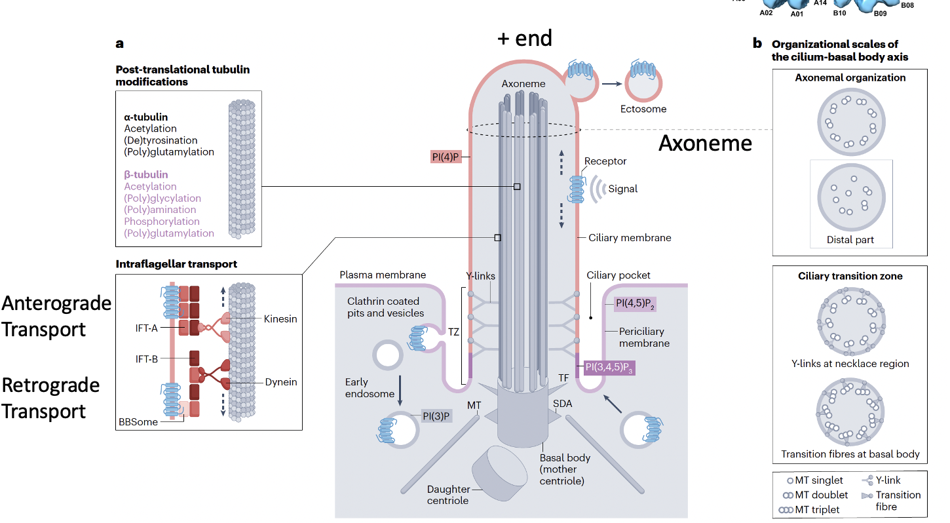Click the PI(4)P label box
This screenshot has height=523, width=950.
[x=446, y=157]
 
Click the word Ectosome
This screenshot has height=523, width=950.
[x=644, y=109]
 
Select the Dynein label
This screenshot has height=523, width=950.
[x=281, y=382]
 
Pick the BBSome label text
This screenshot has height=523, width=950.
[x=139, y=422]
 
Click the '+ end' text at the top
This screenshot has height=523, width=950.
[x=524, y=37]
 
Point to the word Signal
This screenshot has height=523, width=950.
[x=622, y=189]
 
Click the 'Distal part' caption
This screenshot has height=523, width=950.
[x=850, y=240]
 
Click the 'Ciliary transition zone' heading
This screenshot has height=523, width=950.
[x=850, y=276]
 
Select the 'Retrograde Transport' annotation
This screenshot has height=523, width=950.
[x=50, y=398]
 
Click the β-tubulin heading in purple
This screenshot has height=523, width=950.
[x=146, y=175]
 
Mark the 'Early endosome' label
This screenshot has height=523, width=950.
[x=370, y=387]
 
